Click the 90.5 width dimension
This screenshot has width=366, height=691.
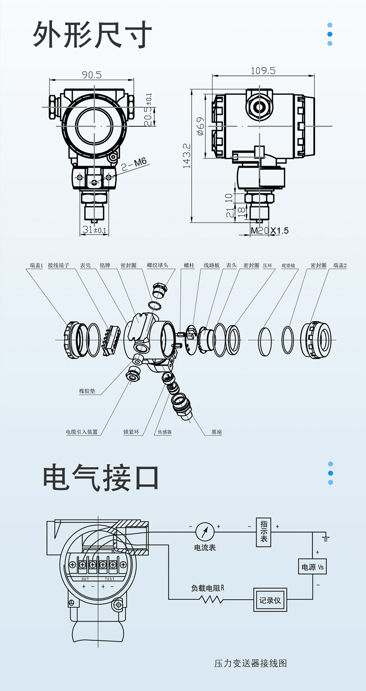click(x=91, y=75)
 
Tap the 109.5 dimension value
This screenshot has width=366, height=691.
click(x=263, y=70)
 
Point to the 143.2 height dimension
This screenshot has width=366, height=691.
click(x=187, y=155)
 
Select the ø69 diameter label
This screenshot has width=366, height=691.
click(x=201, y=126)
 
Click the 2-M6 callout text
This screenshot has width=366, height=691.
click(x=134, y=163)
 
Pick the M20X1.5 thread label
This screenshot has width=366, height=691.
click(x=269, y=230)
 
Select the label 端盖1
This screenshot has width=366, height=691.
click(x=36, y=266)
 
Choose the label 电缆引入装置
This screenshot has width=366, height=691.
click(x=82, y=432)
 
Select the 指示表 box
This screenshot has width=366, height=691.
click(x=264, y=532)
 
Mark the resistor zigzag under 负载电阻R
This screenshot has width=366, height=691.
click(x=211, y=599)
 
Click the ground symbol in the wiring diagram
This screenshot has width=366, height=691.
click(x=325, y=538)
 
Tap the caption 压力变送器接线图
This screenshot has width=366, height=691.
click(x=251, y=663)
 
